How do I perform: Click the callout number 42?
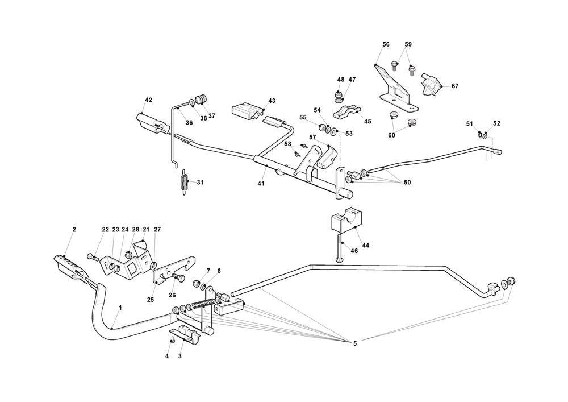pyautogui.click(x=148, y=100)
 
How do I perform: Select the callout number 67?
pyautogui.click(x=455, y=86)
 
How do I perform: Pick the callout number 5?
pyautogui.click(x=355, y=343)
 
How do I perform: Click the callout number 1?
pyautogui.click(x=120, y=308)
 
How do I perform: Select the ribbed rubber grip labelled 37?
pyautogui.click(x=201, y=101)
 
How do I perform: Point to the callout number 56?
pyautogui.click(x=386, y=44)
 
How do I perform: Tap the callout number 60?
pyautogui.click(x=391, y=135)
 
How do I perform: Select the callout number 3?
pyautogui.click(x=180, y=357)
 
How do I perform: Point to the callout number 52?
pyautogui.click(x=496, y=123)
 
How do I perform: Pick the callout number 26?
pyautogui.click(x=172, y=295)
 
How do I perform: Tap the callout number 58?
pyautogui.click(x=288, y=144)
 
